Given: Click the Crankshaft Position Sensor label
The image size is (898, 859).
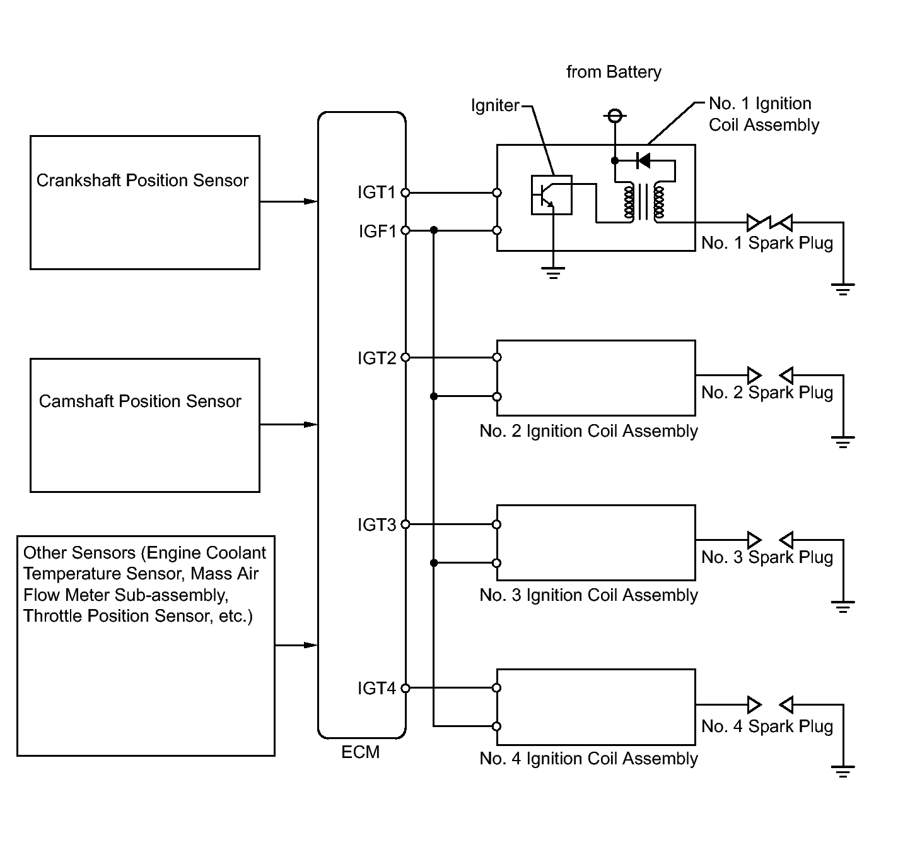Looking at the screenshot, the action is [x=142, y=181].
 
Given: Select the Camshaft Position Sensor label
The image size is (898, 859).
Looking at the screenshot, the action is [x=140, y=401].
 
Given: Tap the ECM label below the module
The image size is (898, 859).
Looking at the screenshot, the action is [x=361, y=752].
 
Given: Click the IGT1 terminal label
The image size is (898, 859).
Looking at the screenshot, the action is [x=376, y=192].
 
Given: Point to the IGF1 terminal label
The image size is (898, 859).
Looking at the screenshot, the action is [x=378, y=231].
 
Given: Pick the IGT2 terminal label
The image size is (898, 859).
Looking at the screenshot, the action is [x=376, y=358].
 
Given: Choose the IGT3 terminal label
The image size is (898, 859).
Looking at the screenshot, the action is [x=376, y=524].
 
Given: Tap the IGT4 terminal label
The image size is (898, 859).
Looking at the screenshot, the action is [x=376, y=688].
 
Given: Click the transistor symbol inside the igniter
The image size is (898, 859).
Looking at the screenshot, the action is [x=551, y=195].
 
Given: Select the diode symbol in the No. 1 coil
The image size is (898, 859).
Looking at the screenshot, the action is [x=643, y=161].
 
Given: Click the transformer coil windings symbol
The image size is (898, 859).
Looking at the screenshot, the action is [x=644, y=202].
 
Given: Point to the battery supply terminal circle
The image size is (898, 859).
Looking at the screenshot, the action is [x=615, y=116].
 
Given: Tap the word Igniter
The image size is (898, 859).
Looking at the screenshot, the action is [x=495, y=106].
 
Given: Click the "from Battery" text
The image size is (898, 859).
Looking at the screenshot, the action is [x=614, y=72].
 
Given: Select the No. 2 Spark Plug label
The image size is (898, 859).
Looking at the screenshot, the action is [x=767, y=393].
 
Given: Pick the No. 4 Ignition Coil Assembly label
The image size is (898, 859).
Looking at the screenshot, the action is [x=588, y=758].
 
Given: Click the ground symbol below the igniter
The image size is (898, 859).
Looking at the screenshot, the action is [x=553, y=273].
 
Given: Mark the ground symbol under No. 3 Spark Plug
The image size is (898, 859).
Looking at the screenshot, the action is [x=843, y=607].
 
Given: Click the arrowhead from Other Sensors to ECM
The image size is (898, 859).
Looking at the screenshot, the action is [x=310, y=645].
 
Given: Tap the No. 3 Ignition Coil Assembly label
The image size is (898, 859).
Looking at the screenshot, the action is [x=588, y=595].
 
